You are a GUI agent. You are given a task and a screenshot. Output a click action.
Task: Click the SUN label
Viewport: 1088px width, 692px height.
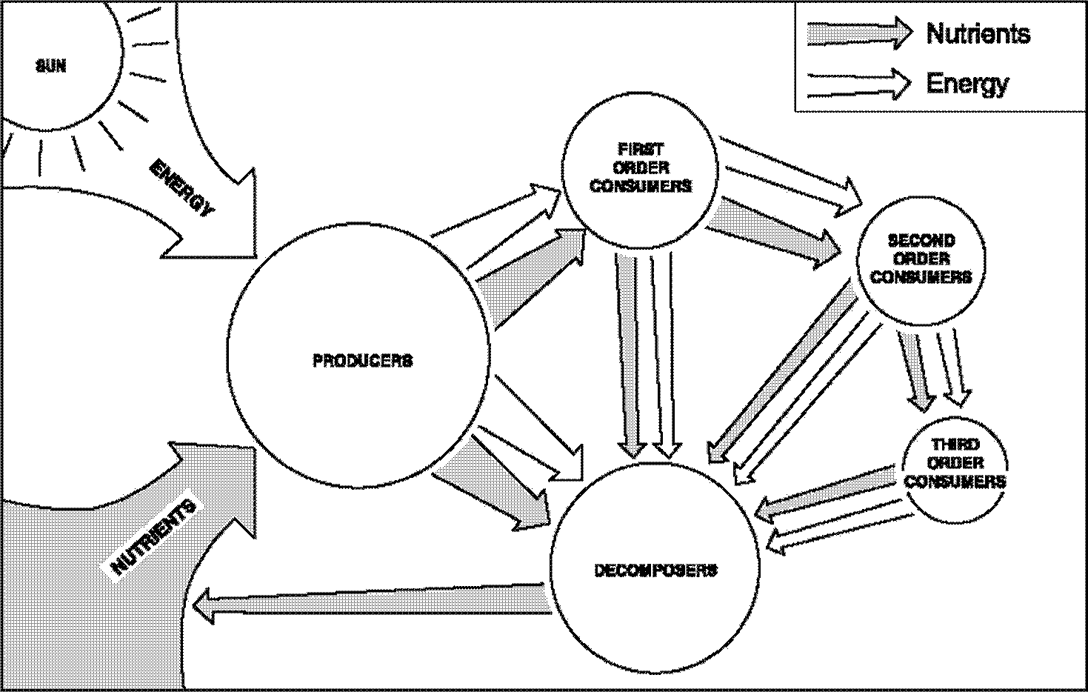pos(51,67)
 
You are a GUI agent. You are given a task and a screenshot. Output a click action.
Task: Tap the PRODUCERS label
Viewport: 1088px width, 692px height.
pos(362,361)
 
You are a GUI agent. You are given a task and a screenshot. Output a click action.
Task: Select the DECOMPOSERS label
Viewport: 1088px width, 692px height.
pos(655,570)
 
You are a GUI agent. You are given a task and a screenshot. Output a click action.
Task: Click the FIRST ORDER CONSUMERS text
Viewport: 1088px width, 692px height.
pos(641,167)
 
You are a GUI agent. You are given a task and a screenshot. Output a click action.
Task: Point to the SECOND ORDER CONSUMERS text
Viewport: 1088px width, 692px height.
pos(921,259)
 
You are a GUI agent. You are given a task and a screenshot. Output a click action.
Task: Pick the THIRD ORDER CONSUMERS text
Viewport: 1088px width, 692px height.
pos(955,463)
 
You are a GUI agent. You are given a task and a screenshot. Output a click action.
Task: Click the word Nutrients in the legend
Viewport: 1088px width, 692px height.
pos(978,33)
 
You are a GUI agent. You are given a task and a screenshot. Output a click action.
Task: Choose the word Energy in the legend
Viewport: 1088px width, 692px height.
pos(967,83)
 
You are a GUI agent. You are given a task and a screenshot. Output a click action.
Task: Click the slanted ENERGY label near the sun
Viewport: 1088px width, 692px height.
pos(181,187)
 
